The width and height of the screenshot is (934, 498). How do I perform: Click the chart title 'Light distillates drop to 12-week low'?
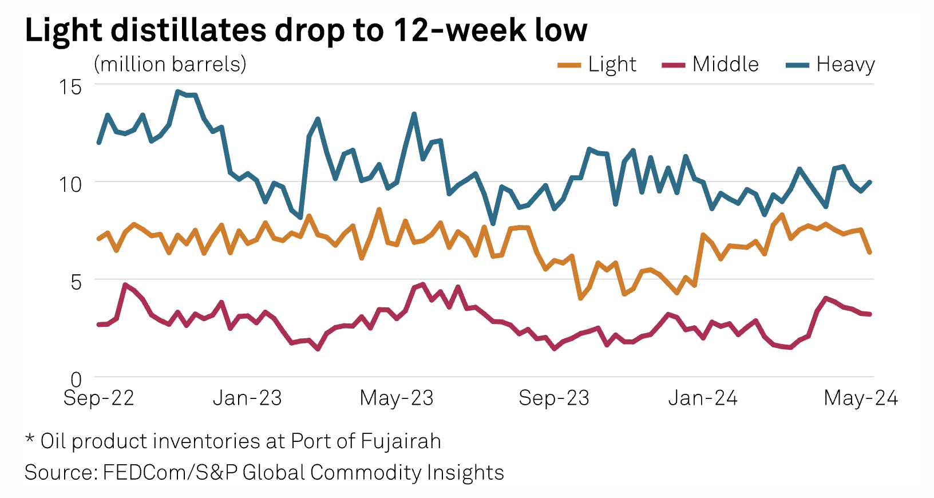(306, 30)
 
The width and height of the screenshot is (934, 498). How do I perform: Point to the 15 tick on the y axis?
(70, 87)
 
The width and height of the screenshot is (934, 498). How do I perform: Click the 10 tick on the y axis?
(70, 184)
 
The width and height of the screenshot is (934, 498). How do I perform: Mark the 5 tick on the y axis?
(76, 282)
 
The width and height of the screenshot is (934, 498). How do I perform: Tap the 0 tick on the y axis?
(76, 379)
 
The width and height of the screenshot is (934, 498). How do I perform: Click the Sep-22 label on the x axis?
(98, 398)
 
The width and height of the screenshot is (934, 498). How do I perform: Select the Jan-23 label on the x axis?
(247, 398)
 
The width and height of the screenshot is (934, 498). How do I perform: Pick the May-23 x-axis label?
(397, 398)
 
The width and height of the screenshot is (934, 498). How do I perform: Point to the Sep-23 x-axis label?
(554, 398)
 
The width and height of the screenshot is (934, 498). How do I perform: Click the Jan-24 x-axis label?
(703, 398)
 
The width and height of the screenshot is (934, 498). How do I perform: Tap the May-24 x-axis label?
(861, 398)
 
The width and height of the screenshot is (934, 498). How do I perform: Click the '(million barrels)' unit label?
(170, 64)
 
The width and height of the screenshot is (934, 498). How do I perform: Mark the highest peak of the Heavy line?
(177, 92)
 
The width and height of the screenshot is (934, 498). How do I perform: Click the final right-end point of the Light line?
(870, 252)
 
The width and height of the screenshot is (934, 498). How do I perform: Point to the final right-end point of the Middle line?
(870, 314)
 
